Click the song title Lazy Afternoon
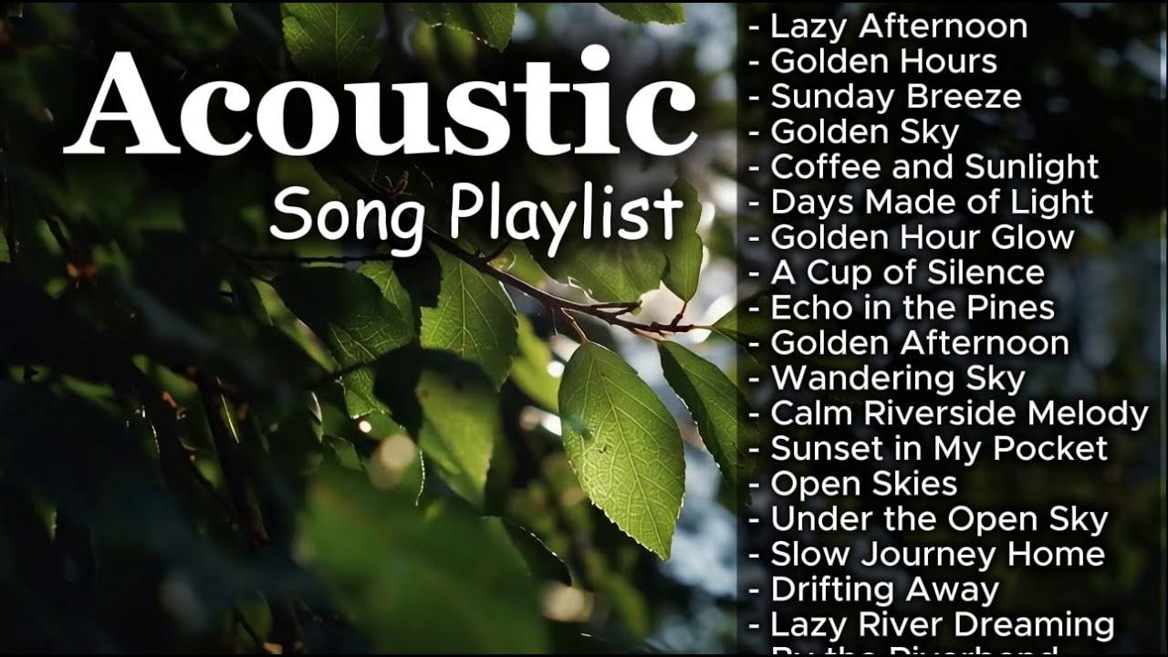click(899, 26)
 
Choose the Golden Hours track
click(883, 61)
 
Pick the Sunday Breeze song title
click(895, 97)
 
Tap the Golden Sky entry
click(864, 132)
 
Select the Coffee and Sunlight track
click(934, 167)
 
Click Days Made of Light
click(932, 202)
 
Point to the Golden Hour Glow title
click(923, 237)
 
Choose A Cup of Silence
click(907, 273)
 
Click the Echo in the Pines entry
click(912, 308)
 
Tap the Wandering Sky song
click(898, 378)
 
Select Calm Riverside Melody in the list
click(959, 413)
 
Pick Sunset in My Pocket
click(939, 448)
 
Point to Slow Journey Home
click(937, 554)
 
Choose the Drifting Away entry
click(884, 589)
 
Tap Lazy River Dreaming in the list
click(942, 625)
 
